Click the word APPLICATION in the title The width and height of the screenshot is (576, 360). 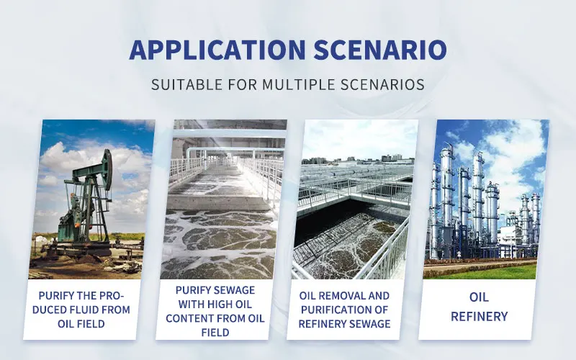217,50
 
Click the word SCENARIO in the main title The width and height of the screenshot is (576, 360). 380,50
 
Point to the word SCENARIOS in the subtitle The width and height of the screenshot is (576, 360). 382,84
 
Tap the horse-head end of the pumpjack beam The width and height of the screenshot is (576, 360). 107,169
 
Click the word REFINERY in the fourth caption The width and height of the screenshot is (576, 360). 479,316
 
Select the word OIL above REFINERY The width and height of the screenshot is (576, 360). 479,297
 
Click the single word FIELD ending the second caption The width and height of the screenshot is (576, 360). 215,333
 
